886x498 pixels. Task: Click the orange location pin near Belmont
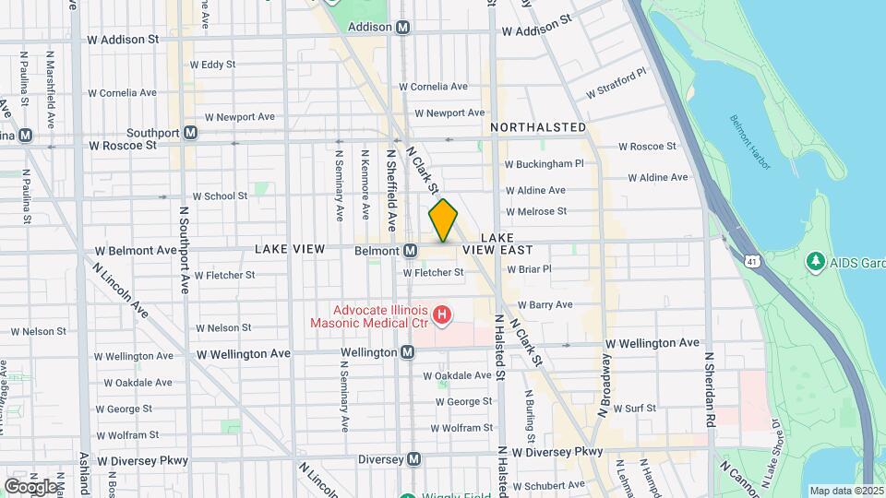tap(443, 220)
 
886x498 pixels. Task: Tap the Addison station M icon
tap(402, 28)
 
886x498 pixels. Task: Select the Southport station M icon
tap(190, 133)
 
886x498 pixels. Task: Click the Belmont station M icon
tap(410, 251)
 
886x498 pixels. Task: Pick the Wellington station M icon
tap(407, 352)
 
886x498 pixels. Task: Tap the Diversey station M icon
tap(414, 458)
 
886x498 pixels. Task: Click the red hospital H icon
tap(442, 317)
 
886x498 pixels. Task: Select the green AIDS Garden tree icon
tap(815, 262)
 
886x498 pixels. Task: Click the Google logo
tap(30, 486)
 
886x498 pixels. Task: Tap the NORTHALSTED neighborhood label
tap(538, 126)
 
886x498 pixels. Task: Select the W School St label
tap(219, 196)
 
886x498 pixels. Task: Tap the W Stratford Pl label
tap(617, 83)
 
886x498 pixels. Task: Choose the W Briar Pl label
tap(529, 269)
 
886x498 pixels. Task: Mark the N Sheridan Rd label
tap(710, 378)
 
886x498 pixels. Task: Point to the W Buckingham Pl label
tap(544, 164)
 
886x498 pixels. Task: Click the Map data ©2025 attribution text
tap(845, 491)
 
